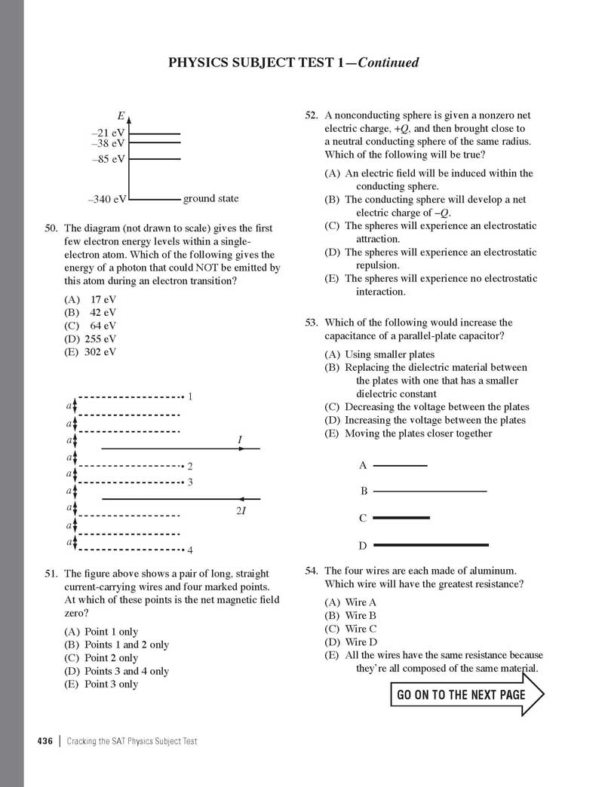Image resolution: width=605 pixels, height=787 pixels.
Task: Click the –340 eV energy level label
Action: [x=107, y=200]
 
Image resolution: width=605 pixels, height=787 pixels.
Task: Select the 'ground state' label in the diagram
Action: [x=210, y=198]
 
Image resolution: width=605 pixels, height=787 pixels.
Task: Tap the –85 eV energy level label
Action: [x=109, y=159]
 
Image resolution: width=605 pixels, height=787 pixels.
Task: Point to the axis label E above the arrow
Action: [x=121, y=116]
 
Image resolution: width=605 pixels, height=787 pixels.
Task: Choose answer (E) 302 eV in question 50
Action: [x=91, y=351]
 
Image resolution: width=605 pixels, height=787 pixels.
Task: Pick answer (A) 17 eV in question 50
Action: [x=91, y=299]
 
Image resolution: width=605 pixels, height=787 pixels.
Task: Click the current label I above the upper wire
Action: [x=240, y=439]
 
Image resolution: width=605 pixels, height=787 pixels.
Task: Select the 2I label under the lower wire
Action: [x=241, y=512]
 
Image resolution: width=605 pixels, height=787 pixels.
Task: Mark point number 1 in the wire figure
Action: [x=191, y=396]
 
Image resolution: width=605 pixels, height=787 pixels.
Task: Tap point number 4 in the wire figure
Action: [x=191, y=550]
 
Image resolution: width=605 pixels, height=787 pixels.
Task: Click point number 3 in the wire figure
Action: [x=191, y=482]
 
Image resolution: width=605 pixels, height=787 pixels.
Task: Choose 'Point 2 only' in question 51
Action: [x=102, y=658]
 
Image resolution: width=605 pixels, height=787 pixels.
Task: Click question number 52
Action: [x=312, y=116]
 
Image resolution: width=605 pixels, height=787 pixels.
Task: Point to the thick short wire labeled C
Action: [x=401, y=518]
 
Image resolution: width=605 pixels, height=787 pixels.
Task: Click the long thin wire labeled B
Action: [x=430, y=491]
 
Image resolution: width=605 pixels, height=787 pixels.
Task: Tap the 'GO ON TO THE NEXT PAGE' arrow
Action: [x=466, y=694]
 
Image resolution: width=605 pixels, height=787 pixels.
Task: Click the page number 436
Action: [x=45, y=742]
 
